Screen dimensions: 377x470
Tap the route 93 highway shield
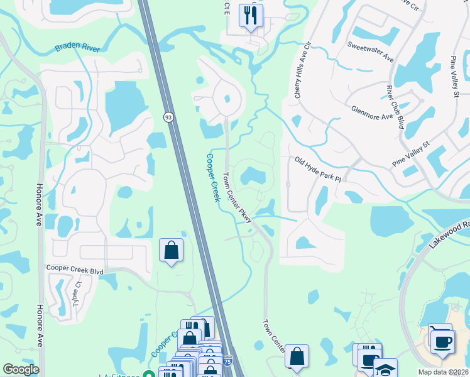pyautogui.click(x=168, y=117)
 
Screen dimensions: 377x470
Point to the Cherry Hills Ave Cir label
pyautogui.click(x=301, y=70)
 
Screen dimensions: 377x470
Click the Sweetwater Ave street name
pyautogui.click(x=371, y=52)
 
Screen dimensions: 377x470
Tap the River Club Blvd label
pyautogui.click(x=395, y=107)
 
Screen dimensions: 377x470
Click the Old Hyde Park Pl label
pyautogui.click(x=317, y=170)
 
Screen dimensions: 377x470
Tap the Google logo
pyautogui.click(x=21, y=369)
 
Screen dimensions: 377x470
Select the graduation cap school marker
pyautogui.click(x=385, y=368)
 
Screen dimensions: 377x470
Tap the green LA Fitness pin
pyautogui.click(x=149, y=375)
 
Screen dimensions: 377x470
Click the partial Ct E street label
pyautogui.click(x=227, y=8)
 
